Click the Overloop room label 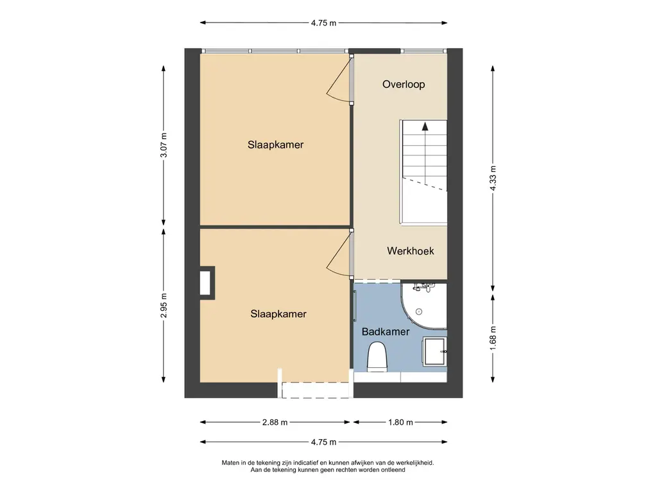click(404, 84)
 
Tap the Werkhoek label click(410, 251)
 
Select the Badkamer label click(386, 332)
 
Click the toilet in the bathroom click(377, 357)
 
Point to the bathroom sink click(434, 351)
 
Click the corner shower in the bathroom click(423, 306)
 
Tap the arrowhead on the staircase click(425, 126)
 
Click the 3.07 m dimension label click(164, 145)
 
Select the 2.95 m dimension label click(164, 306)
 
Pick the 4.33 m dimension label click(493, 178)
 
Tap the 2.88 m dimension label click(275, 422)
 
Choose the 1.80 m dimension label click(400, 422)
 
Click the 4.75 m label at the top click(323, 23)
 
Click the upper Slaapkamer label click(275, 144)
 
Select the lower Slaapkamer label click(278, 314)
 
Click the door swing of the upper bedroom click(337, 80)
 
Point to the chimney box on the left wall click(207, 283)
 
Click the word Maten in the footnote click(230, 463)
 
